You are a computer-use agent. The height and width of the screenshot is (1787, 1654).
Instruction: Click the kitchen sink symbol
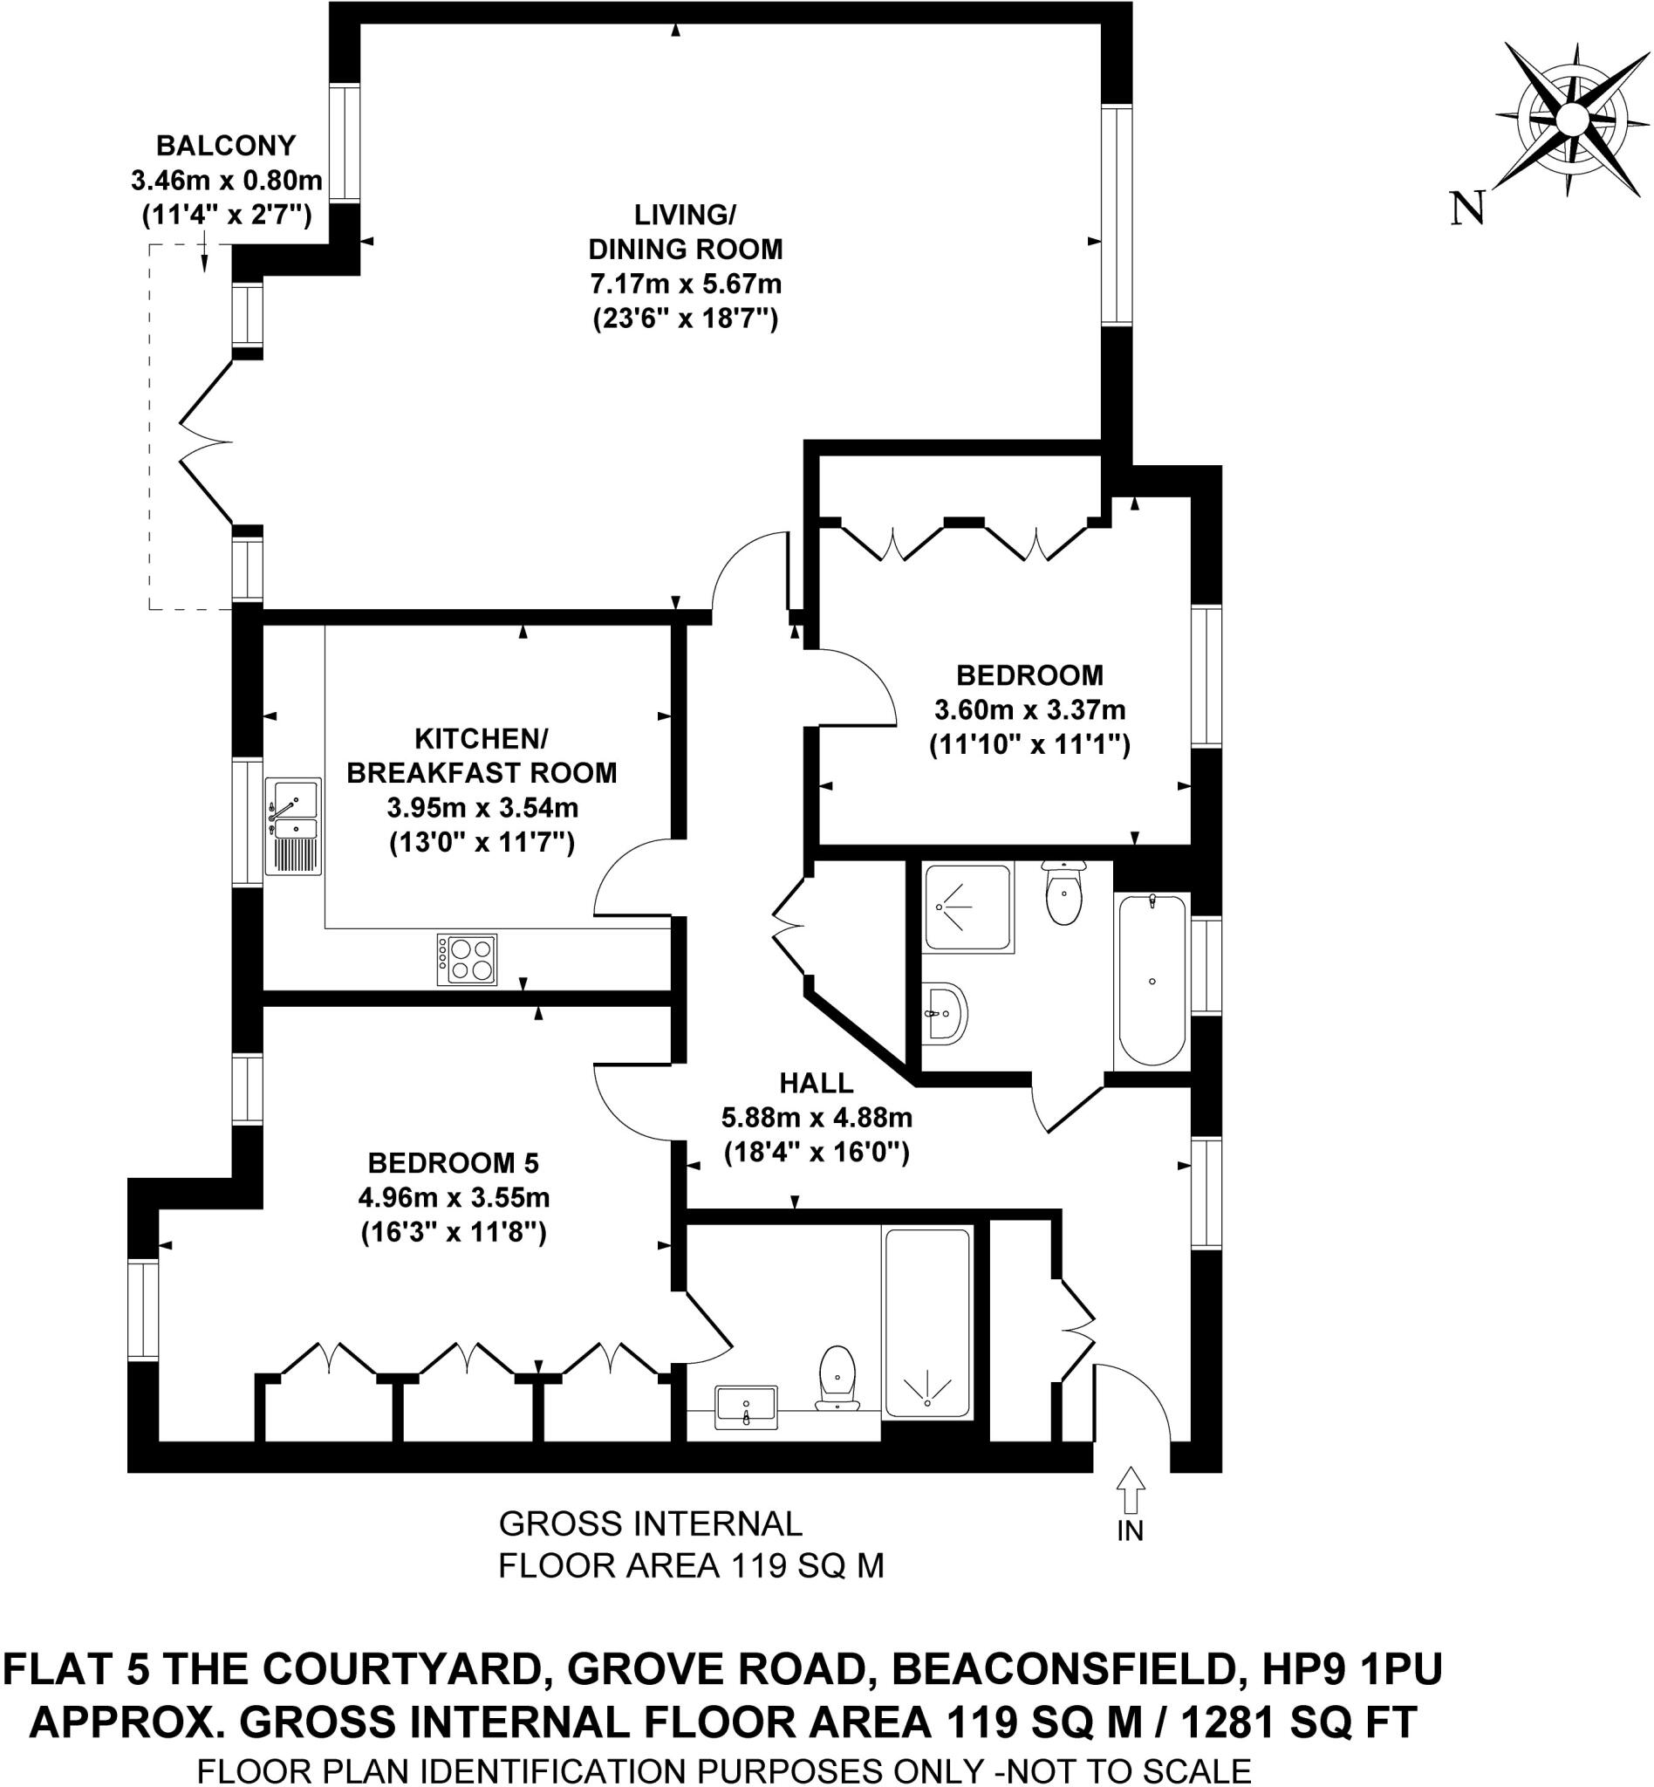(292, 825)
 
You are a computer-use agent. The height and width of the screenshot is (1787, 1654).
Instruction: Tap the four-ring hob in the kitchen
(467, 960)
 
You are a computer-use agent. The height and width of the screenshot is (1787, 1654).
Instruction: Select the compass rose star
(1570, 119)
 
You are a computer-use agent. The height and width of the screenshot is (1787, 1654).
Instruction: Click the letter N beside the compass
(1468, 209)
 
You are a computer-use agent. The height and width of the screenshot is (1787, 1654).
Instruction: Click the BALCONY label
(226, 145)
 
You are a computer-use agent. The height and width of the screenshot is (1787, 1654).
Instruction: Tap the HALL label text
(816, 1084)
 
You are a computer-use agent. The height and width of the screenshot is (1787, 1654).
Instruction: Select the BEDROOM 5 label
(454, 1163)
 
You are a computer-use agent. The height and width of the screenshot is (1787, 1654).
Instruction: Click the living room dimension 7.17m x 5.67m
(686, 284)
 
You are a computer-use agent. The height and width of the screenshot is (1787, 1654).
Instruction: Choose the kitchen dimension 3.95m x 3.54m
(482, 809)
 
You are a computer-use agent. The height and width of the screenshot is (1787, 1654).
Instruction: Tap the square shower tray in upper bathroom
(967, 907)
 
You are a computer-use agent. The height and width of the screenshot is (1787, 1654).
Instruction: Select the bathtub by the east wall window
(1151, 981)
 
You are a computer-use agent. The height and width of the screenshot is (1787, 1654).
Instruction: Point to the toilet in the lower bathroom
(837, 1378)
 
